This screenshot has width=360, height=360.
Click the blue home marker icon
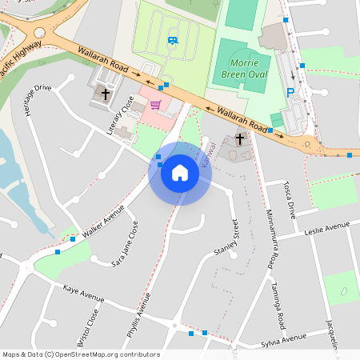click(180, 173)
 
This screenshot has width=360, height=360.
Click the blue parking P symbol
click(291, 93)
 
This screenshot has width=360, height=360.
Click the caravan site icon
click(173, 40)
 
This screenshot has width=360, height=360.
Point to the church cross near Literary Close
click(105, 94)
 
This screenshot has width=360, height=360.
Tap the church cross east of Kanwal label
click(238, 138)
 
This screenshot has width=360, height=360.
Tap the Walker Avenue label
click(103, 221)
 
